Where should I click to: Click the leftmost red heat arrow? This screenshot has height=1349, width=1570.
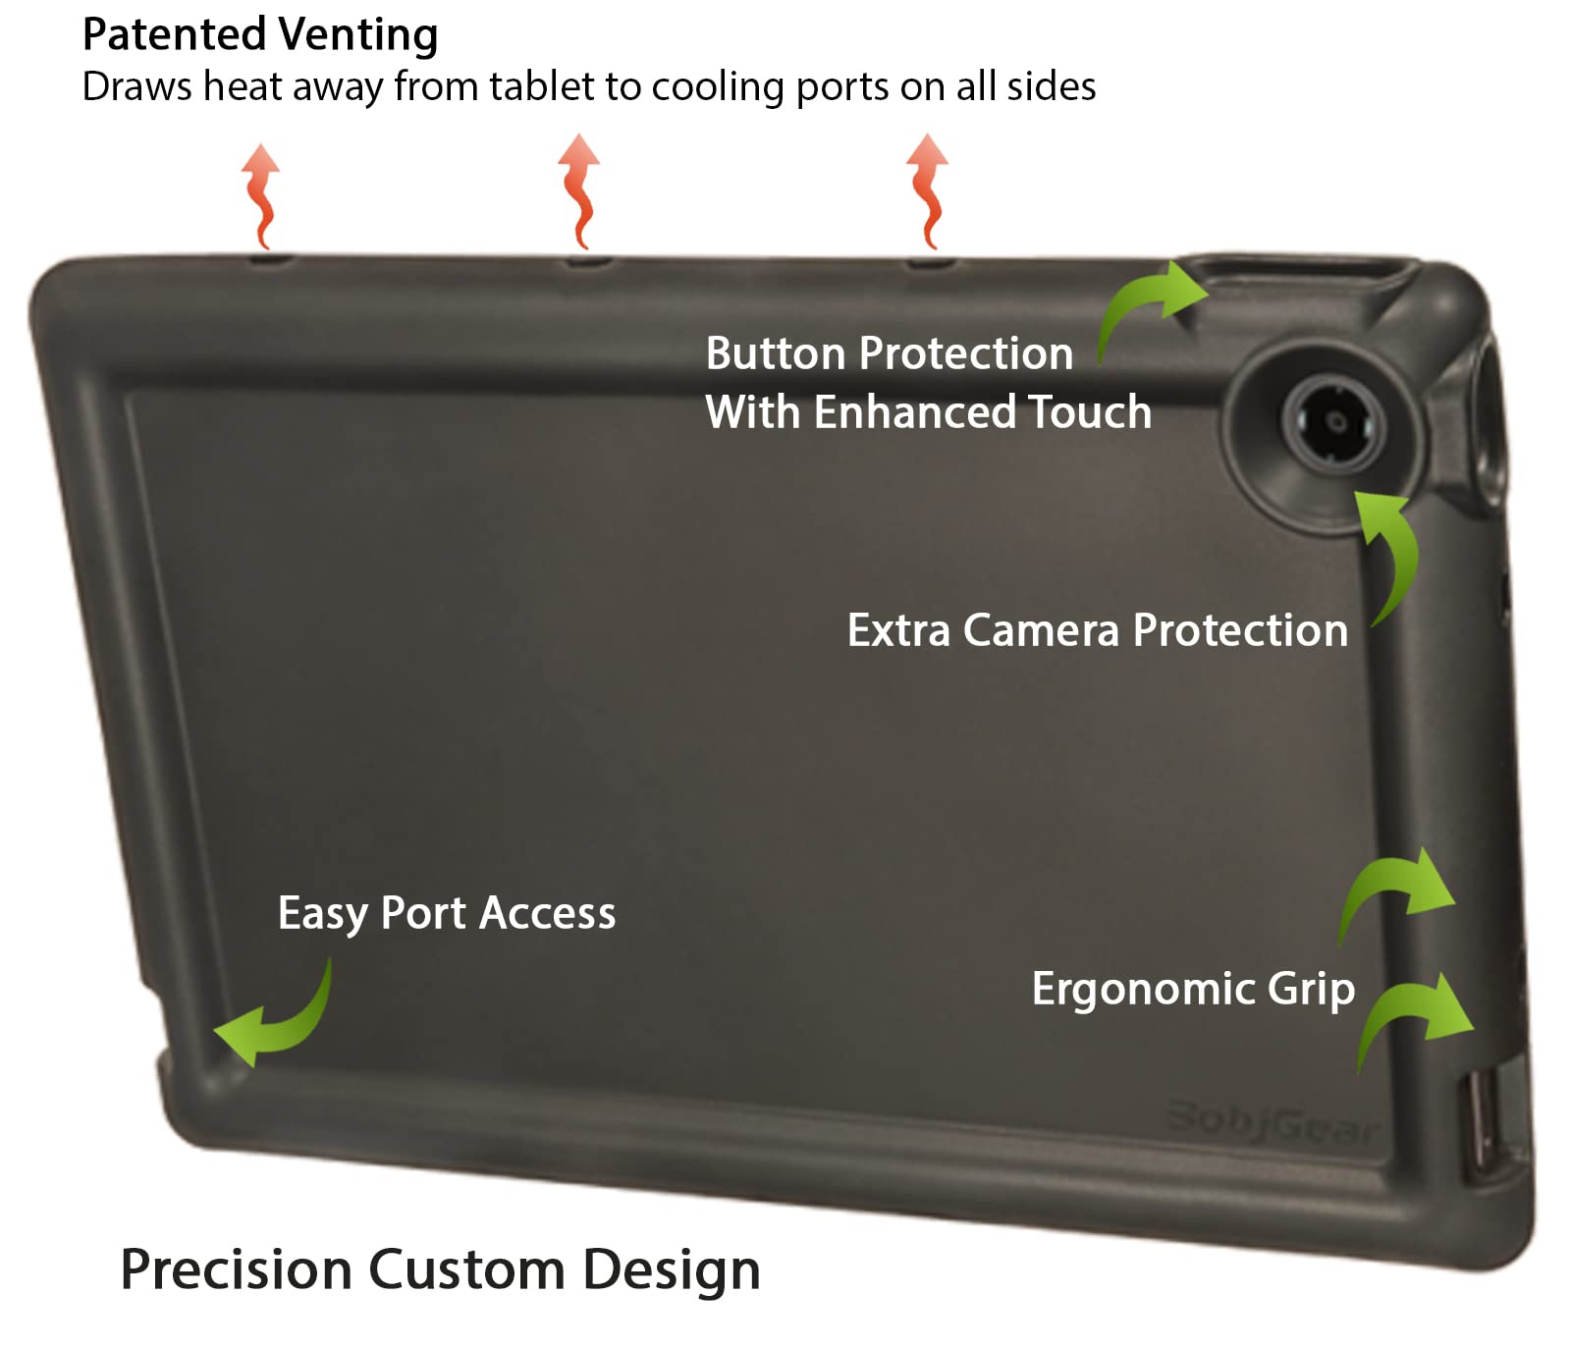(261, 196)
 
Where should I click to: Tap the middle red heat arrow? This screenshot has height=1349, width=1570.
(578, 191)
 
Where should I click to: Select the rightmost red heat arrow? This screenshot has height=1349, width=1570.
(927, 191)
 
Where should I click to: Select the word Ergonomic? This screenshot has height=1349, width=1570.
(1143, 990)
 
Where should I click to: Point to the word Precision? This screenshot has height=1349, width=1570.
(236, 1269)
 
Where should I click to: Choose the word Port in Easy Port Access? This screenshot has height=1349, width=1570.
(422, 914)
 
